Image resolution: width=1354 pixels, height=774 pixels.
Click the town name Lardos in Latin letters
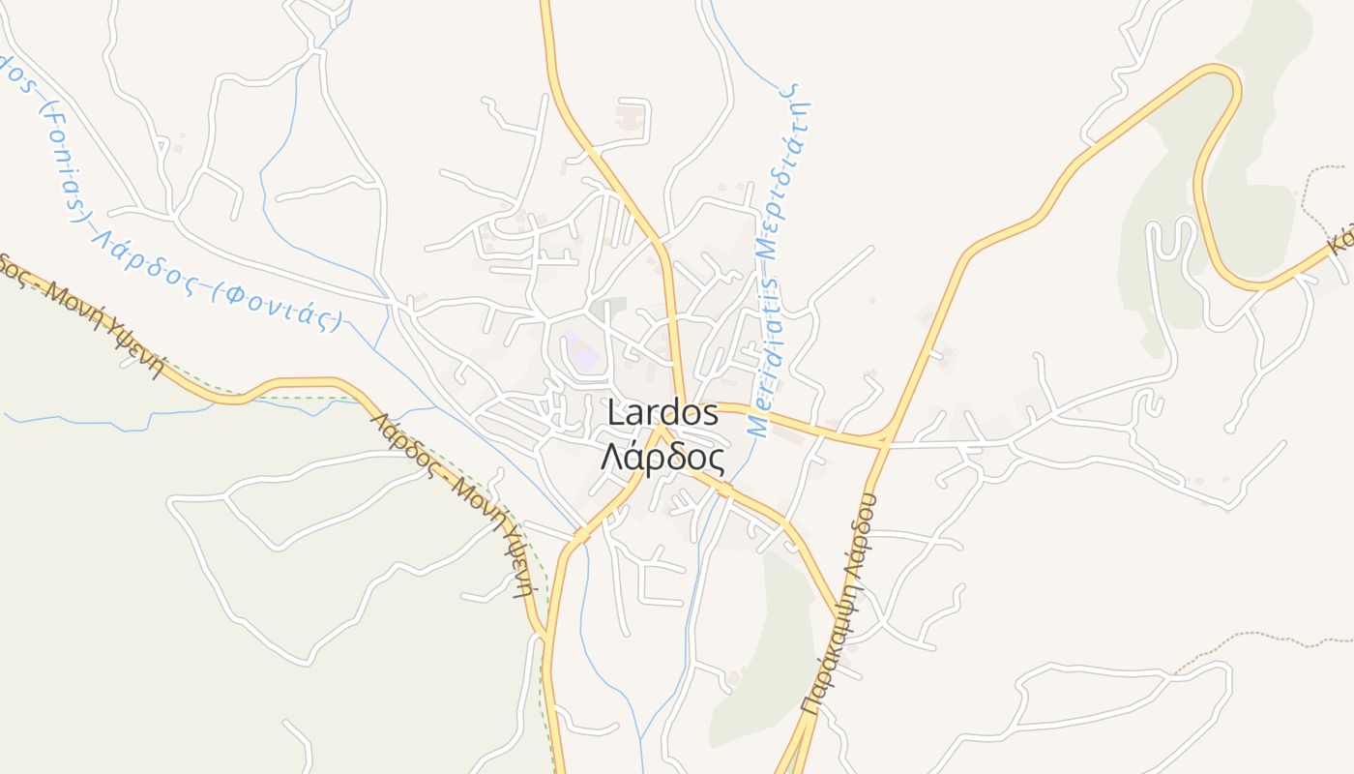[x=662, y=413]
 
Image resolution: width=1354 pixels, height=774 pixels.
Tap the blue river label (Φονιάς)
[x=280, y=307]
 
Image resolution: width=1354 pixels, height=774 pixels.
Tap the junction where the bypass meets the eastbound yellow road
[x=882, y=440]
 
